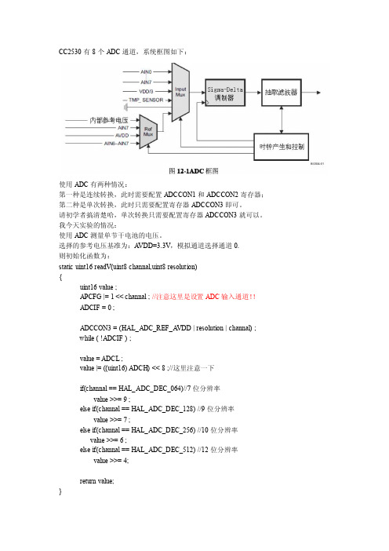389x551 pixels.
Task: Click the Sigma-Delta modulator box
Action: point(225,93)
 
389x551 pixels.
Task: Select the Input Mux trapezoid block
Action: point(180,92)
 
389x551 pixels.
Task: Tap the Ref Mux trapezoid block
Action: point(148,131)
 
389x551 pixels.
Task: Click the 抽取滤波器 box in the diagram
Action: point(282,93)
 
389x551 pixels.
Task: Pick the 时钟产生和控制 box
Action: point(282,147)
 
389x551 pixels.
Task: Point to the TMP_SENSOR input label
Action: point(146,100)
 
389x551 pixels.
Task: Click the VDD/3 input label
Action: point(146,91)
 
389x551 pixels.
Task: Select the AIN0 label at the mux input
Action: point(146,71)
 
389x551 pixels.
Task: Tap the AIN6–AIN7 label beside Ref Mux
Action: point(117,144)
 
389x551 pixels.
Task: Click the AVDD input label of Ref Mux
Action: point(122,136)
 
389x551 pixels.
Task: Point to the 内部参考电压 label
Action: point(109,120)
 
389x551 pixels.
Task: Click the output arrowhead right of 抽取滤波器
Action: point(318,93)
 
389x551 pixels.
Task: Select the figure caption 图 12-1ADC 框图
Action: point(194,171)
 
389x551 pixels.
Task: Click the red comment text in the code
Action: point(204,297)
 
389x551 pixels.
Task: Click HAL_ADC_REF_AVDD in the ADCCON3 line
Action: point(155,328)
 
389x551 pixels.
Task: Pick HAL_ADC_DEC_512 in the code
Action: point(163,450)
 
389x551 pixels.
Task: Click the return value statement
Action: point(97,481)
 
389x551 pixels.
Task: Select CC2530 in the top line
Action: point(70,52)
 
